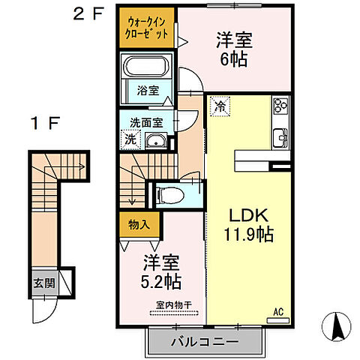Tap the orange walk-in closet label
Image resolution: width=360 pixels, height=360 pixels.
[148, 28]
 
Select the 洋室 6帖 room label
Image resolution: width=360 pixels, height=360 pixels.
[233, 47]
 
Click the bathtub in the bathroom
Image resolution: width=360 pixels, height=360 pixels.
[147, 68]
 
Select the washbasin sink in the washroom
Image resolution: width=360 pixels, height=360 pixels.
[157, 141]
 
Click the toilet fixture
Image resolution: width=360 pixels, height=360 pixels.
[169, 195]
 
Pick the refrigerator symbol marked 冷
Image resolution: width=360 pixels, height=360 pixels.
[220, 108]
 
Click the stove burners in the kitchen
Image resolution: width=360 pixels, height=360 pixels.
[280, 108]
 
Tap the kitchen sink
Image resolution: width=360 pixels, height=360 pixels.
[280, 136]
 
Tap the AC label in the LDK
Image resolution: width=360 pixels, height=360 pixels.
[277, 311]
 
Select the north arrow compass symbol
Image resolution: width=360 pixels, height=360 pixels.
[336, 325]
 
